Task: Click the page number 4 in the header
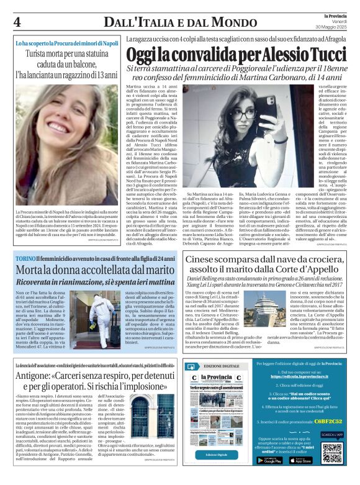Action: (x=17, y=21)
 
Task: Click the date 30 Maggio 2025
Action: (x=335, y=25)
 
